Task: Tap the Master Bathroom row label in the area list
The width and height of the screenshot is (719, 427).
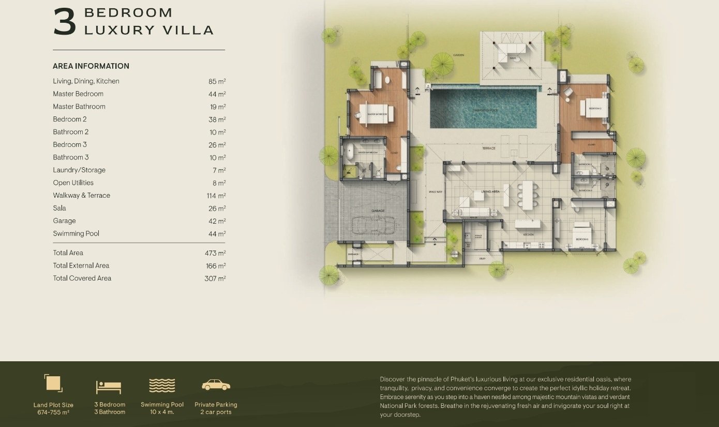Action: coord(79,107)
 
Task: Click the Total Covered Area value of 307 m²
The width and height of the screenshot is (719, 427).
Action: coord(215,278)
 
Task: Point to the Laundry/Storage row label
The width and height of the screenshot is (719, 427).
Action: coord(79,170)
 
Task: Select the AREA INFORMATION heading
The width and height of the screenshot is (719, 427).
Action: coord(91,66)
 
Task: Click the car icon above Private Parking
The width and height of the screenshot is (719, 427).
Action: coord(216,385)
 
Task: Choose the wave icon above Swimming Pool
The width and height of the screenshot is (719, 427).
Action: coord(162,386)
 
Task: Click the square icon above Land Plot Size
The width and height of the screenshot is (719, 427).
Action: coord(53,384)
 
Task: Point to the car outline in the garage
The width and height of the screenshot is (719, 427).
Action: coord(373,226)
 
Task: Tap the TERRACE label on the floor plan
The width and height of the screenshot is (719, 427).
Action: coord(488,149)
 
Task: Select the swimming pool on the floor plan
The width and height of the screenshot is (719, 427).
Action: coord(483,108)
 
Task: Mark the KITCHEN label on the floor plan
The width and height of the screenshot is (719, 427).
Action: coord(528,235)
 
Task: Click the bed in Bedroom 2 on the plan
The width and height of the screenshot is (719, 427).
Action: coord(592,108)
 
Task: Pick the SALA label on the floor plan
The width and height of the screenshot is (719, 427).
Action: coord(512,58)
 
